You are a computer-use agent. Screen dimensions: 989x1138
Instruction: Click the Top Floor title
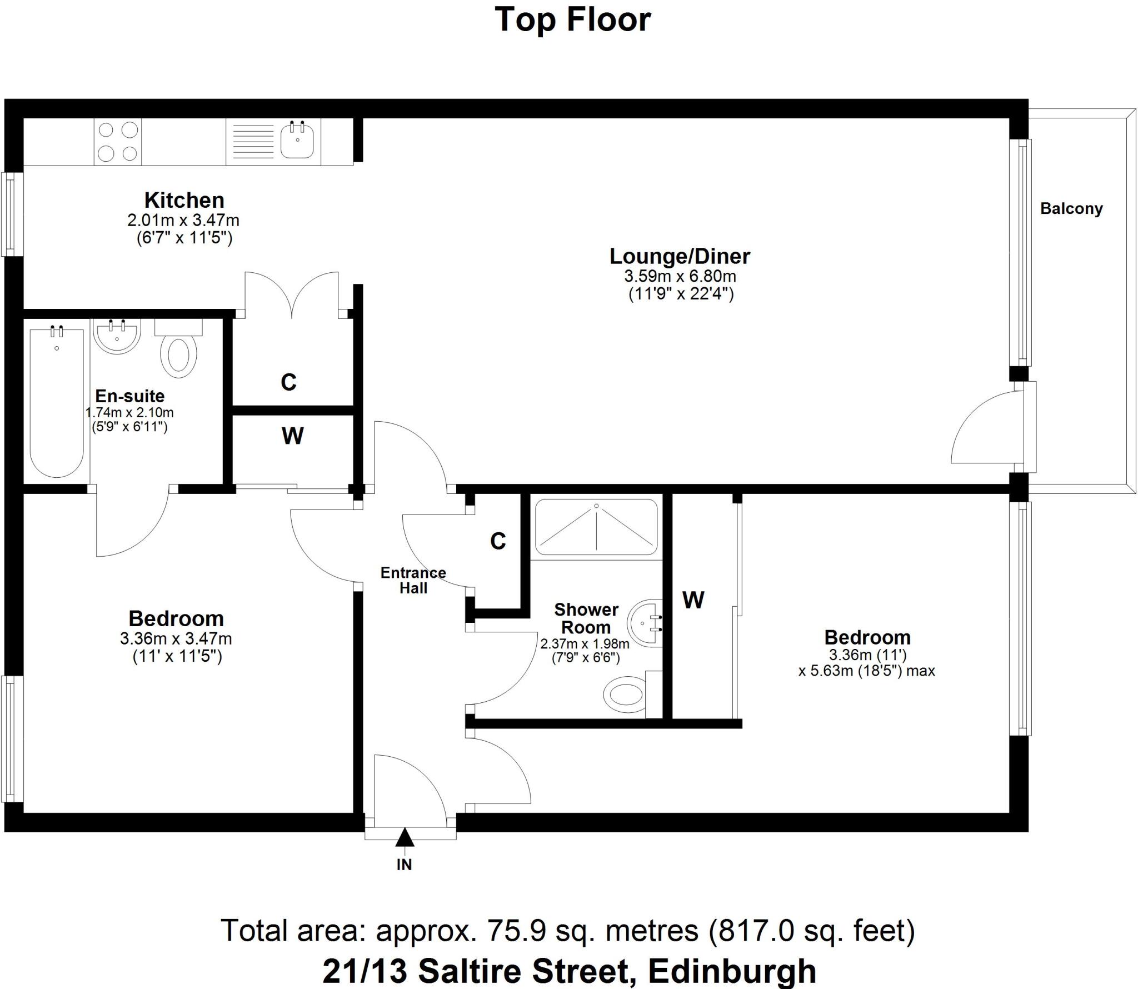coord(572,20)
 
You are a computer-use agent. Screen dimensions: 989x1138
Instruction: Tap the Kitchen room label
coord(184,200)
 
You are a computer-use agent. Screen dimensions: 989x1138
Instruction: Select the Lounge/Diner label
coord(680,256)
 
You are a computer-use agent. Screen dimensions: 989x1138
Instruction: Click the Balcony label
coord(1071,209)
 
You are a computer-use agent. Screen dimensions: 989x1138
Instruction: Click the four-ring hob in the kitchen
coord(118,141)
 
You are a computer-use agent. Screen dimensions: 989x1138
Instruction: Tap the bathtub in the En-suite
coord(57,403)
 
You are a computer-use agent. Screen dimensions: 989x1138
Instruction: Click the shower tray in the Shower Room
coord(596,527)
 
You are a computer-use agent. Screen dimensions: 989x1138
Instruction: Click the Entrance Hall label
coord(413,580)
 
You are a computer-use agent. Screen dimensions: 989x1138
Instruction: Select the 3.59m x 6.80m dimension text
coord(680,276)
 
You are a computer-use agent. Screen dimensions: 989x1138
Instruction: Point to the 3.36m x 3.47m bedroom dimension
coord(176,638)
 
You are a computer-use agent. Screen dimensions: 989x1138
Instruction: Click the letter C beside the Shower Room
coord(498,541)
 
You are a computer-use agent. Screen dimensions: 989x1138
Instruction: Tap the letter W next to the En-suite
coord(292,436)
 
